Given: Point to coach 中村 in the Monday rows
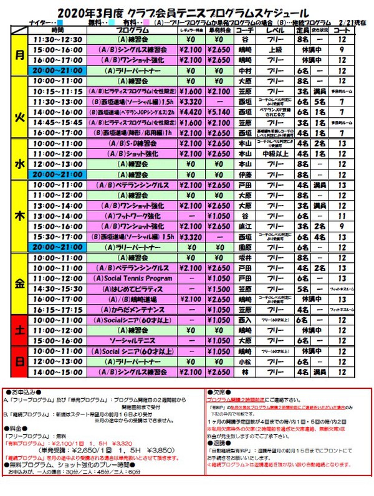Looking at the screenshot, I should coord(245,70).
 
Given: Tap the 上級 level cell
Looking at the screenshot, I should coord(274,49).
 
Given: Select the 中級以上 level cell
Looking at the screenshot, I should coord(274,154).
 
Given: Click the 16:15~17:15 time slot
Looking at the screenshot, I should coord(57,310).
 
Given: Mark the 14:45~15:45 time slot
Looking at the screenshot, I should coord(57,123).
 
